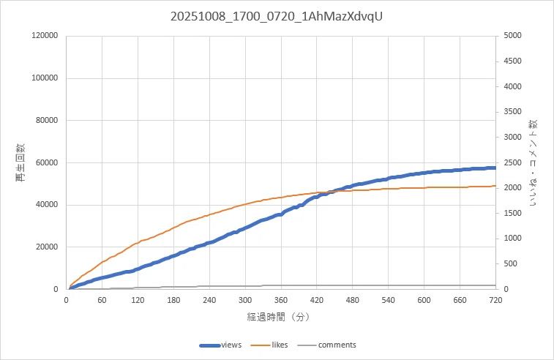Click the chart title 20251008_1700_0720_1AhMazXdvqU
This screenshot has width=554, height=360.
pyautogui.click(x=277, y=17)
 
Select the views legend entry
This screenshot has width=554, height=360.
pyautogui.click(x=220, y=345)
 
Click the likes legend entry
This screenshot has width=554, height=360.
pyautogui.click(x=269, y=345)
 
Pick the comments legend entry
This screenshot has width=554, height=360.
pyautogui.click(x=327, y=345)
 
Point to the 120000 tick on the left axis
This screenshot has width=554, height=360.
pyautogui.click(x=45, y=35)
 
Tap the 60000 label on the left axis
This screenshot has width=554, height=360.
pyautogui.click(x=47, y=162)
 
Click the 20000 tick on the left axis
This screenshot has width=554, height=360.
pyautogui.click(x=47, y=247)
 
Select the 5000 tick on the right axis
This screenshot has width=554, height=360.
pyautogui.click(x=513, y=35)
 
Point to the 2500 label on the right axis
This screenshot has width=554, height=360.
pyautogui.click(x=513, y=162)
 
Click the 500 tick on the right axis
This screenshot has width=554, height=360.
pyautogui.click(x=511, y=263)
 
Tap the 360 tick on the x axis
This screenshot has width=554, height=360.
pyautogui.click(x=281, y=300)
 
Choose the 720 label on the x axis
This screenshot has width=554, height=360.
pyautogui.click(x=495, y=300)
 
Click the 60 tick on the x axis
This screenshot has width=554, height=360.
pyautogui.click(x=102, y=300)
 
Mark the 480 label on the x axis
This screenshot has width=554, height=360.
pyautogui.click(x=352, y=300)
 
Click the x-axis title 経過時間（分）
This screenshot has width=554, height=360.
pyautogui.click(x=278, y=317)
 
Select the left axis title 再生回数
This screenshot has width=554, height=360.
pyautogui.click(x=20, y=162)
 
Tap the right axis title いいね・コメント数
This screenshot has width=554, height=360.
pyautogui.click(x=533, y=162)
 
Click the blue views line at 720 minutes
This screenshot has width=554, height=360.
pyautogui.click(x=495, y=168)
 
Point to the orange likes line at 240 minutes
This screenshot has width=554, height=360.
pyautogui.click(x=209, y=215)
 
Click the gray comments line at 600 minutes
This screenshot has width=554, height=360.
pyautogui.click(x=424, y=285)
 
